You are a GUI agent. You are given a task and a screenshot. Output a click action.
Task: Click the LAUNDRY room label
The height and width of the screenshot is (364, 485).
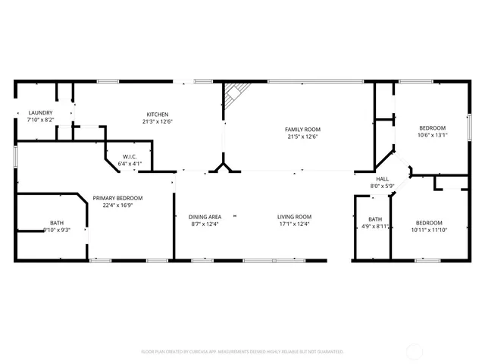pos(40,112)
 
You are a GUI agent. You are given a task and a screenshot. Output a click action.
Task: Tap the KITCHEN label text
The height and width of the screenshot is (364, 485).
pos(157,115)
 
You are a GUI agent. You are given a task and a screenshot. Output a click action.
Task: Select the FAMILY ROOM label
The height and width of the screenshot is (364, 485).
pos(302,130)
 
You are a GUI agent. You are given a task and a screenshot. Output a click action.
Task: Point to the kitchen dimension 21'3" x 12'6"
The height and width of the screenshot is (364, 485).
pos(157,121)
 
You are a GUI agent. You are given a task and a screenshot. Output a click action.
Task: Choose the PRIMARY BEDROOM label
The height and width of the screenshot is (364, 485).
pos(117,198)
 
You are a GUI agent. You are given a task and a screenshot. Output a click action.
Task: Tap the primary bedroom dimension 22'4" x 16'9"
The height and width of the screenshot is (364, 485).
pos(117,205)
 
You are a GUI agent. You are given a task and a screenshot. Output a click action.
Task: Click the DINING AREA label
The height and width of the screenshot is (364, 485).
pos(205,217)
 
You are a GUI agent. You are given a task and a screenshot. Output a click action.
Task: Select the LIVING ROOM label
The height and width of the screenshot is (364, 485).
pos(294,217)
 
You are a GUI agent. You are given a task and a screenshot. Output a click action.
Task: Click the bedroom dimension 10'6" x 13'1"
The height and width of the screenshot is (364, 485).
pos(432,135)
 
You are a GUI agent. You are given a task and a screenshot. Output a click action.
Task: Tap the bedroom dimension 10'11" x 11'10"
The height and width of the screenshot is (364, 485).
pos(427,231)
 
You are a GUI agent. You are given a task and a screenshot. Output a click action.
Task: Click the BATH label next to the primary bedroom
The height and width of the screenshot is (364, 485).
pos(57,223)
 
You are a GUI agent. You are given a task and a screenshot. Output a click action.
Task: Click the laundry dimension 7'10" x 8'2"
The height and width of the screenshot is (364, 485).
pos(40,119)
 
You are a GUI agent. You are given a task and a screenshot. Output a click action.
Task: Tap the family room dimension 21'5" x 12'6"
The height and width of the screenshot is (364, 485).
pos(302,136)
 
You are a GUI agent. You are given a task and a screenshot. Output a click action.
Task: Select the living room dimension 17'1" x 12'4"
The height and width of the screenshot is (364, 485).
pos(294,224)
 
